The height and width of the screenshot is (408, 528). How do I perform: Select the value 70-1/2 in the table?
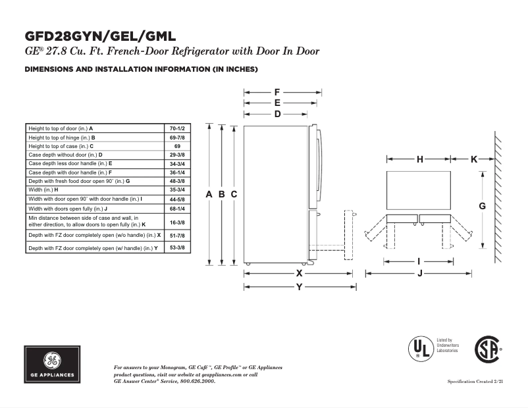click(x=176, y=128)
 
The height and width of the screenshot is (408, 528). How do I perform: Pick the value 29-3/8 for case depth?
click(x=176, y=155)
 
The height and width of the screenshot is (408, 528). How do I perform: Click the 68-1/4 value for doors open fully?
click(x=176, y=208)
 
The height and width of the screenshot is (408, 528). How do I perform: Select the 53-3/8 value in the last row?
click(x=176, y=248)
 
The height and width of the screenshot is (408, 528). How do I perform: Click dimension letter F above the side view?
click(x=277, y=92)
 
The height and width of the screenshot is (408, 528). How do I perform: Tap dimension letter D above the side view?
click(x=277, y=114)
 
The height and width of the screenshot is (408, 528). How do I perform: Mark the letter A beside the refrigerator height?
click(x=209, y=194)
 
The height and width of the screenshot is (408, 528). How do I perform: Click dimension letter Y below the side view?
click(x=299, y=286)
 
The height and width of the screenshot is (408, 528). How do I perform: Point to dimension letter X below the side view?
click(x=299, y=272)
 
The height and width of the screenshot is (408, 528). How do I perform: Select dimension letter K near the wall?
click(x=473, y=159)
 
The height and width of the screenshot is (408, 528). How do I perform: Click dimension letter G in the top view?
click(x=482, y=206)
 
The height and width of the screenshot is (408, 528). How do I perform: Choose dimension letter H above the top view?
click(x=419, y=159)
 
